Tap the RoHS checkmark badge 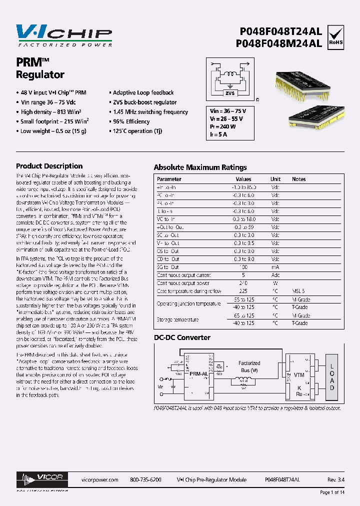pyautogui.click(x=335, y=36)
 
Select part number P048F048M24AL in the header pyautogui.click(x=279, y=43)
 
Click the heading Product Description pyautogui.click(x=49, y=166)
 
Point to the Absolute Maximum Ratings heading pyautogui.click(x=200, y=167)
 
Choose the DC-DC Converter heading pyautogui.click(x=182, y=337)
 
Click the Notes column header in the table pyautogui.click(x=299, y=179)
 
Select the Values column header pyautogui.click(x=243, y=179)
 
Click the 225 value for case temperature pyautogui.click(x=243, y=290)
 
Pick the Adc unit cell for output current pyautogui.click(x=275, y=275)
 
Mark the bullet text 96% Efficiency pyautogui.click(x=131, y=121)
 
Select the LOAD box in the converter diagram pyautogui.click(x=332, y=377)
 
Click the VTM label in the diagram pyautogui.click(x=299, y=374)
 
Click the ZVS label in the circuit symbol pyautogui.click(x=230, y=93)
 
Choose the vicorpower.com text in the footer pyautogui.click(x=99, y=479)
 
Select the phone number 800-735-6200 pyautogui.click(x=145, y=479)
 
